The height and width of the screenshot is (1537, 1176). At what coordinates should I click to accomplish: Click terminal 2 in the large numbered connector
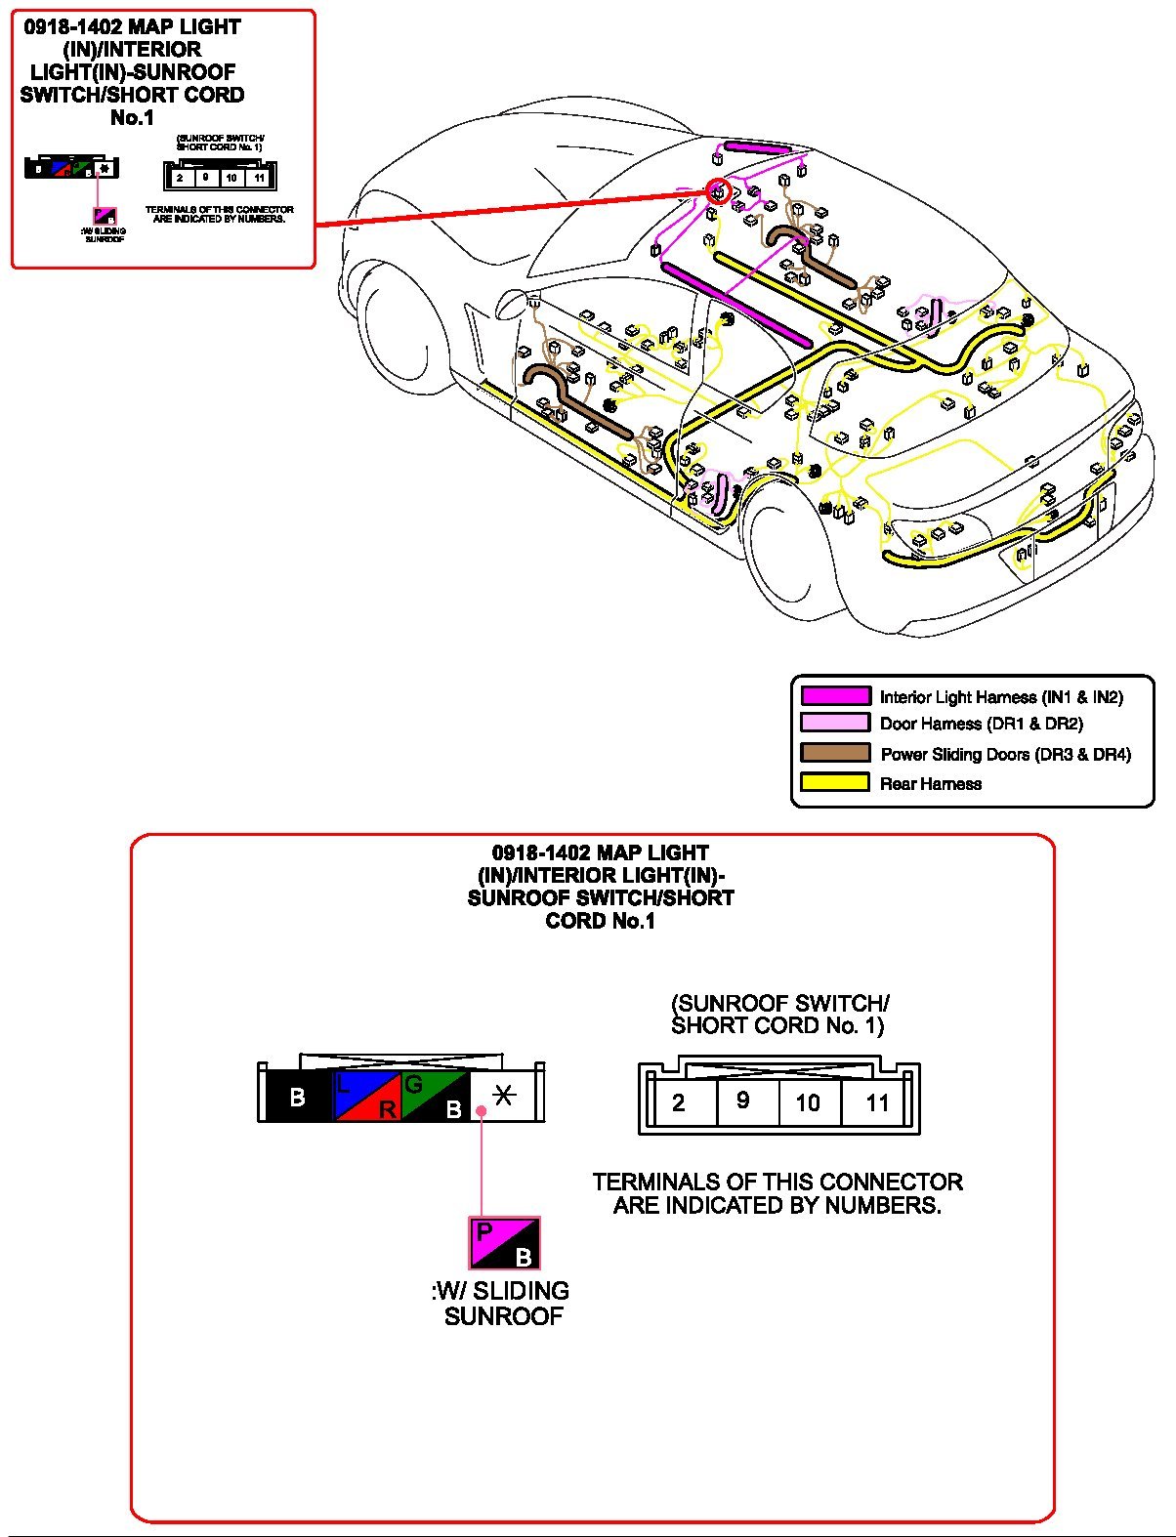pos(679,1103)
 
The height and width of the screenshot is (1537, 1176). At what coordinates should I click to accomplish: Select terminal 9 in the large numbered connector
pos(743,1101)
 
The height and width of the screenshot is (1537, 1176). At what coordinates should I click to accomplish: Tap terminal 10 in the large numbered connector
pos(808,1103)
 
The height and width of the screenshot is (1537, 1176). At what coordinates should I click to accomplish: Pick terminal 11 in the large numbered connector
pos(878,1103)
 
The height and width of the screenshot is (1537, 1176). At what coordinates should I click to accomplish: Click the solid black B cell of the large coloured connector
pos(299,1097)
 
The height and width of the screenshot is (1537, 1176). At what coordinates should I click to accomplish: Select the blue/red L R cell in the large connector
pos(367,1097)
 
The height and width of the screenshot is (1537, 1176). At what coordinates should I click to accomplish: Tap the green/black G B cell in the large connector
pos(436,1097)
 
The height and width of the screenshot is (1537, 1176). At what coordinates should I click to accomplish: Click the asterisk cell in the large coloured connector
pos(504,1095)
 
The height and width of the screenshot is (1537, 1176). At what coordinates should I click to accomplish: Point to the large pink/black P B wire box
pos(504,1243)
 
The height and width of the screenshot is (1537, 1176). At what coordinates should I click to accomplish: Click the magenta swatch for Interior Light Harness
pos(835,696)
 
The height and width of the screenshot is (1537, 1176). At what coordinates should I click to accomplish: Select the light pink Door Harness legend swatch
pos(835,724)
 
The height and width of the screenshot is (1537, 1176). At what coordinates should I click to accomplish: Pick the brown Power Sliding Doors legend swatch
pos(835,753)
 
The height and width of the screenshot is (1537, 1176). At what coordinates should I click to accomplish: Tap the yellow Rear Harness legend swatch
pos(835,782)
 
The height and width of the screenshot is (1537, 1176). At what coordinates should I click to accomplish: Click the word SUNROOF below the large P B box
pos(504,1316)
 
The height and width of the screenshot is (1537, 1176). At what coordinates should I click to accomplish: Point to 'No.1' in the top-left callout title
pos(133,118)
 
